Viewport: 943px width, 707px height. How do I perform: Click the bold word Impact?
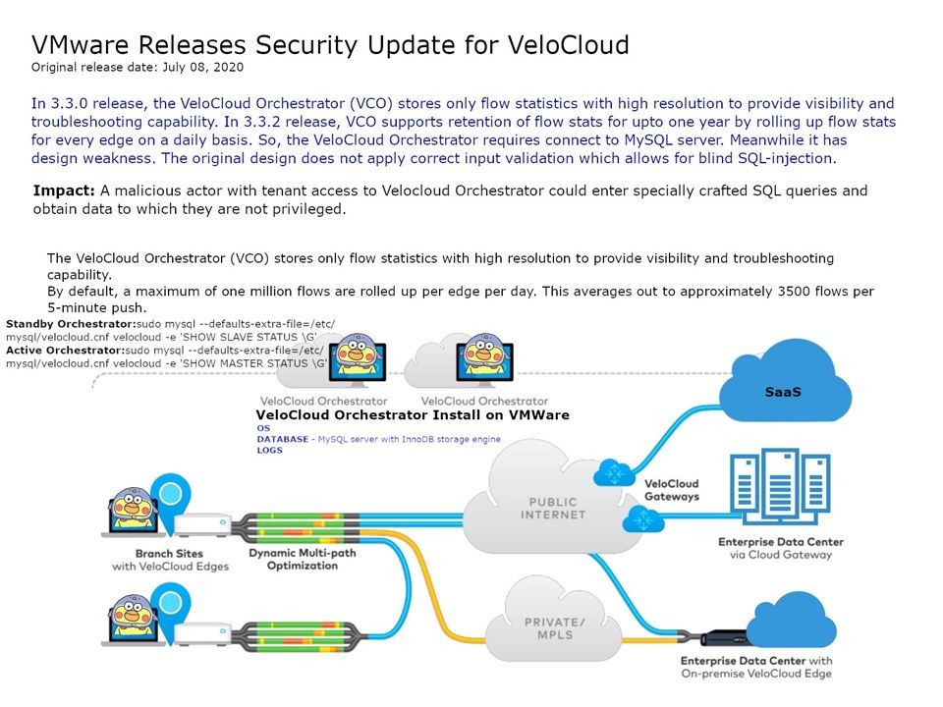(65, 190)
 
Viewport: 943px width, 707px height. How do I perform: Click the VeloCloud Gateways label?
(671, 490)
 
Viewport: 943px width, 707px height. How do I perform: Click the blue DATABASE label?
(283, 439)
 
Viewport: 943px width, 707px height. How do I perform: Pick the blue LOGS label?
(270, 450)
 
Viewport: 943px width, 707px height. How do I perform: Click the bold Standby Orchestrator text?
(65, 323)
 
